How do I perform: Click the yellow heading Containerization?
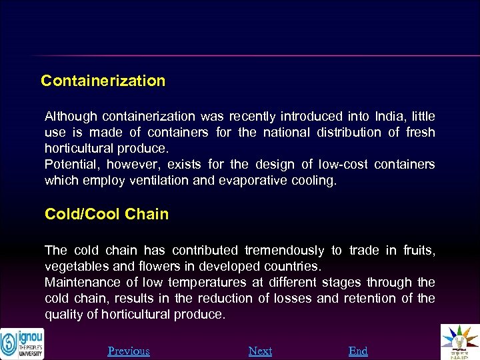(103, 81)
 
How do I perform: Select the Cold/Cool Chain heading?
(107, 214)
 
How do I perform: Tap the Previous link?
(129, 351)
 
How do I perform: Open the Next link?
(260, 351)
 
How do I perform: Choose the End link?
(358, 351)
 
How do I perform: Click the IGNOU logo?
(22, 343)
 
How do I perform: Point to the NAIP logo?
(460, 342)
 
